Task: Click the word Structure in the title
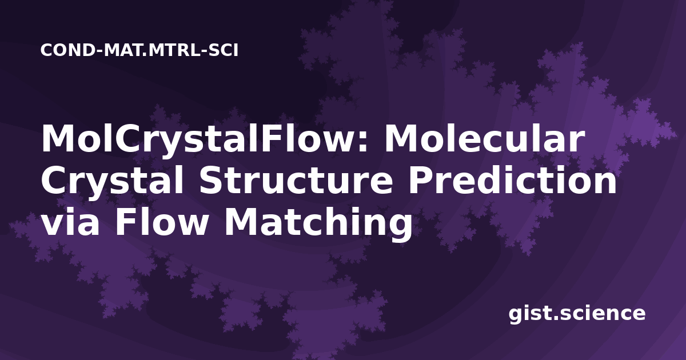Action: (x=296, y=180)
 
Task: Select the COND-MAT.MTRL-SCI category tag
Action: (x=139, y=50)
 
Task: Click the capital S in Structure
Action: (x=212, y=181)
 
